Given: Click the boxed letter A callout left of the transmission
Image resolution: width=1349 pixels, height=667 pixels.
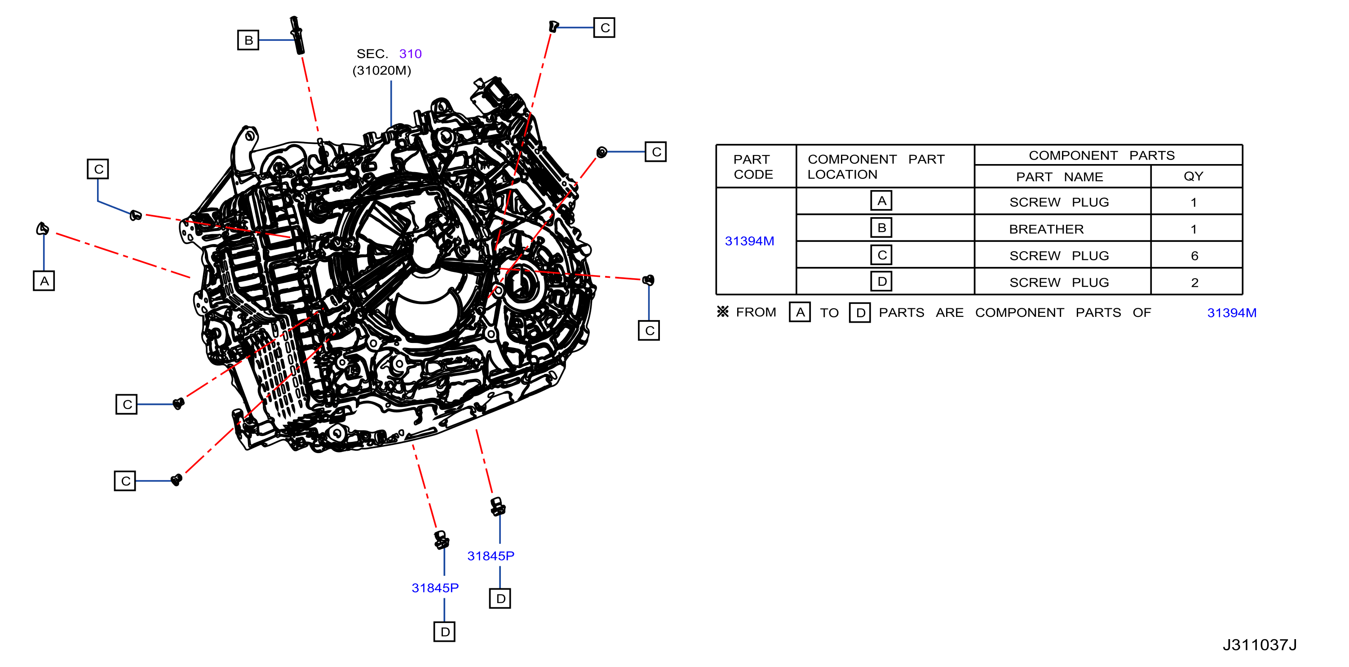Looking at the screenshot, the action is pyautogui.click(x=44, y=281).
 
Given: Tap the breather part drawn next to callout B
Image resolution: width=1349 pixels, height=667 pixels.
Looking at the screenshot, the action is pyautogui.click(x=297, y=35).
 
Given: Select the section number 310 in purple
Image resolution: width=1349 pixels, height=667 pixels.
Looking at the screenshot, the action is pyautogui.click(x=410, y=53).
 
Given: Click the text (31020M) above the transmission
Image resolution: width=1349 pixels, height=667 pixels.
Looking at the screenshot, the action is pyautogui.click(x=382, y=70).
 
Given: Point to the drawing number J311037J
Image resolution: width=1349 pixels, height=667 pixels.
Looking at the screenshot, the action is pyautogui.click(x=1260, y=645).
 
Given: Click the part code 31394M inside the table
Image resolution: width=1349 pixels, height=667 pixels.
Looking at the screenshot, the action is pyautogui.click(x=749, y=241).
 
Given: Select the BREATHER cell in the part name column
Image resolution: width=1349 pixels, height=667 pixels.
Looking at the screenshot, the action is pyautogui.click(x=1046, y=229).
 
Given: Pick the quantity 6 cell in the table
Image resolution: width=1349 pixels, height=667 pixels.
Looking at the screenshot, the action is pyautogui.click(x=1194, y=256).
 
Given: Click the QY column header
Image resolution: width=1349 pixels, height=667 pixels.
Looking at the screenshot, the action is pyautogui.click(x=1194, y=176).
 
